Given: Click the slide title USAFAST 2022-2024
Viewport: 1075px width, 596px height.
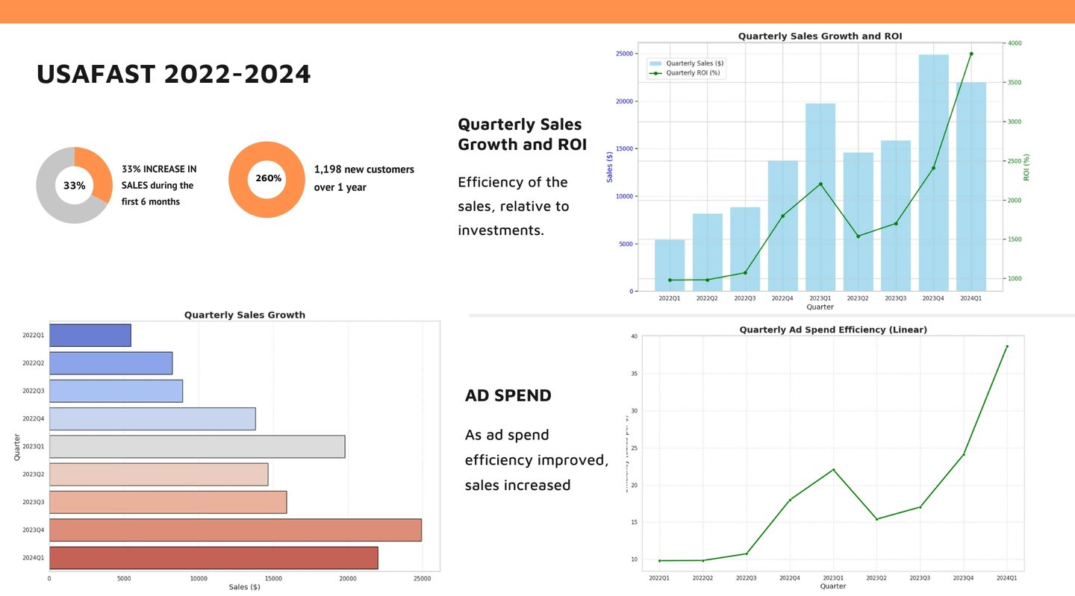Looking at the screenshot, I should coord(173,75).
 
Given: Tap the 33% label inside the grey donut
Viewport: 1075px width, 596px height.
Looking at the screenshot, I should coord(74,186).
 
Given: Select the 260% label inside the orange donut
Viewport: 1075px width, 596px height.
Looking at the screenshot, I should coord(268,178).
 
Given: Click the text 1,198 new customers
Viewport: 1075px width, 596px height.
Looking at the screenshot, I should coord(364,170).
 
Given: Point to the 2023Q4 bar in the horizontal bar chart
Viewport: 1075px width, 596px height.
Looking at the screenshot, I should coord(235,530).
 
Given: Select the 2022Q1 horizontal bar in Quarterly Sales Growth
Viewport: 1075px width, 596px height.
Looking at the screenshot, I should coord(90,336).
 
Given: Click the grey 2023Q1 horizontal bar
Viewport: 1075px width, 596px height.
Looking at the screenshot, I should coord(197,447).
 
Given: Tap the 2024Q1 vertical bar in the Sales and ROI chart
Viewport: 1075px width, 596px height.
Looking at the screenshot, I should coord(970,186).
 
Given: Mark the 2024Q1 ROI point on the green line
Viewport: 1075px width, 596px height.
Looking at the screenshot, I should coord(971,54).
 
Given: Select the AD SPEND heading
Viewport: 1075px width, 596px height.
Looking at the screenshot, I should coord(508,395).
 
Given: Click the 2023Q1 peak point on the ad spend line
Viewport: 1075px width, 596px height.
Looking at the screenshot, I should coord(833,470).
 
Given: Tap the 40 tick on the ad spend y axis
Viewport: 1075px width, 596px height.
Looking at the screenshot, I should coord(634,336).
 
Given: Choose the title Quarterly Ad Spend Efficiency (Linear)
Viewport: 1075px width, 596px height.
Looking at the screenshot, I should coord(833,330).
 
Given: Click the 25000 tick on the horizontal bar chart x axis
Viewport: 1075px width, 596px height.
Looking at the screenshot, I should coord(422,577).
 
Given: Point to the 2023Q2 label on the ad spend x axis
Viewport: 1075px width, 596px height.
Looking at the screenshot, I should coord(876,577).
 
